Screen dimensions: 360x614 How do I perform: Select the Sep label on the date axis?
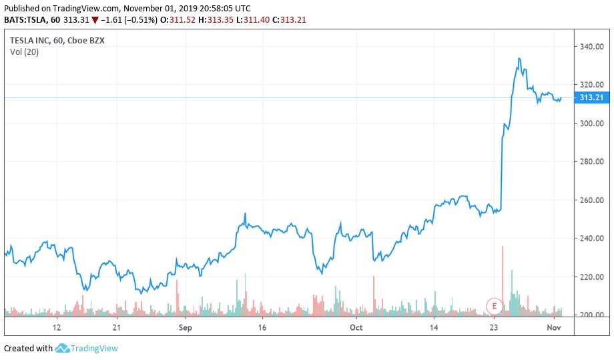pyautogui.click(x=185, y=328)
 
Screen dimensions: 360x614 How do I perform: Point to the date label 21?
pyautogui.click(x=117, y=328)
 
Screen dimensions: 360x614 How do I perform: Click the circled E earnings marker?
pyautogui.click(x=494, y=307)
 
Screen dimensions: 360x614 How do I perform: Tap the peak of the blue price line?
pyautogui.click(x=519, y=59)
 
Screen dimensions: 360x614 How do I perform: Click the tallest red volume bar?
pyautogui.click(x=502, y=281)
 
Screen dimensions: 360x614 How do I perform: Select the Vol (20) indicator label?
pyautogui.click(x=24, y=52)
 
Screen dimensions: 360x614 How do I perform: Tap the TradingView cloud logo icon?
pyautogui.click(x=63, y=348)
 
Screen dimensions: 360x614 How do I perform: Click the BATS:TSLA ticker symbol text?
pyautogui.click(x=27, y=19)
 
